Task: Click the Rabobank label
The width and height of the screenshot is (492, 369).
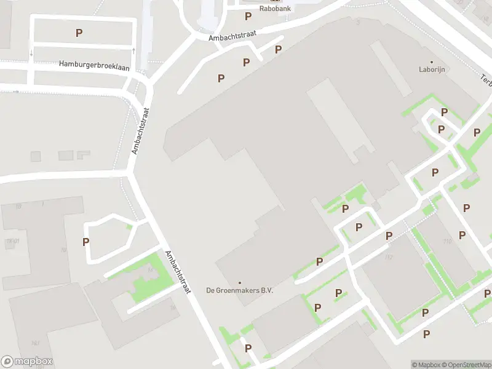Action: point(275,9)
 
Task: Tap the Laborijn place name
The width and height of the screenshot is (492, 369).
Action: point(432,69)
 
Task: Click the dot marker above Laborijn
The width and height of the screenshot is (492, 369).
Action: point(432,61)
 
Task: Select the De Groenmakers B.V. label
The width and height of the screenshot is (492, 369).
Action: point(239,290)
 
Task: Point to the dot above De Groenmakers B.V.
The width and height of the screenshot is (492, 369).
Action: point(239,282)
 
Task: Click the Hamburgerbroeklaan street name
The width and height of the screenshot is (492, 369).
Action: point(94,66)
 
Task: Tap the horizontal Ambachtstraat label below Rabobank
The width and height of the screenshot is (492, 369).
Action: point(232,35)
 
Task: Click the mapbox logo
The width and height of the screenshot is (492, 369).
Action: point(27,362)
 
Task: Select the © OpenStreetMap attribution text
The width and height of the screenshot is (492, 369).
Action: point(466,365)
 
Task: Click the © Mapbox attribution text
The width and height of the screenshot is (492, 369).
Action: point(426,365)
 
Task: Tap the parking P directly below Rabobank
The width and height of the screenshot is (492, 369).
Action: point(248,17)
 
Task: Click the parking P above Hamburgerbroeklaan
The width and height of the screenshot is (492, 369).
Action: point(79,33)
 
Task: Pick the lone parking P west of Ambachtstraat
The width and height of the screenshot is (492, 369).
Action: point(86,242)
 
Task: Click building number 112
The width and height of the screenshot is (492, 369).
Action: point(389,257)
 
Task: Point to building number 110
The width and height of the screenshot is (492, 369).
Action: point(447,241)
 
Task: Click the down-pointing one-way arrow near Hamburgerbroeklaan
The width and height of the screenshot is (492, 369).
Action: point(31,54)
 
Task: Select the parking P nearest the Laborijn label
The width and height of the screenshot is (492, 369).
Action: point(443,113)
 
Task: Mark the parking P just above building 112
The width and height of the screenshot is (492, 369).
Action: point(389,236)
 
